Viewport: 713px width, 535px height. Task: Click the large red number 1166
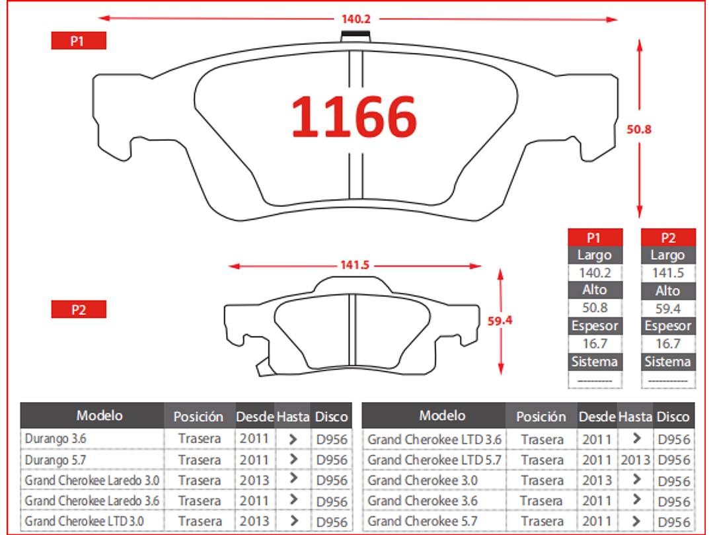tap(354, 116)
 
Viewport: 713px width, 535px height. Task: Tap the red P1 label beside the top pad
tap(79, 40)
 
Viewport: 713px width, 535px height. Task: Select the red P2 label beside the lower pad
tap(79, 309)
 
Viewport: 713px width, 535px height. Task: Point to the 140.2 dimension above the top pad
tap(356, 19)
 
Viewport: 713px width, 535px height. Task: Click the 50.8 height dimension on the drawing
tap(639, 130)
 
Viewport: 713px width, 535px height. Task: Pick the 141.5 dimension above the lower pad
tap(355, 265)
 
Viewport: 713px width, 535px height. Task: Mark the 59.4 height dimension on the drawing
tap(500, 321)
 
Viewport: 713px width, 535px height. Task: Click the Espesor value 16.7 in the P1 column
tap(595, 343)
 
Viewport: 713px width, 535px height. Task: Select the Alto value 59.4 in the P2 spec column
tap(668, 308)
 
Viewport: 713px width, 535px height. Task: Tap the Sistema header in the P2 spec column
tap(668, 362)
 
